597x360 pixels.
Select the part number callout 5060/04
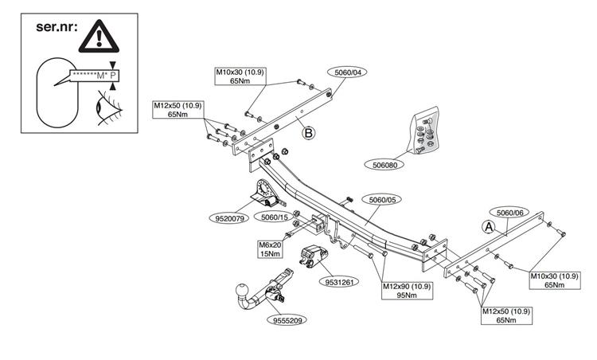[349, 72]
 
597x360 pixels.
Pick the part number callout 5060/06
[509, 213]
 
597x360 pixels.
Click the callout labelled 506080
[389, 165]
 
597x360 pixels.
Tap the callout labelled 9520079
[232, 217]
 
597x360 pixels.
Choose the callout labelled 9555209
[289, 320]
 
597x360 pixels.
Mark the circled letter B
[308, 133]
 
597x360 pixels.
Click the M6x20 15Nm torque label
[269, 249]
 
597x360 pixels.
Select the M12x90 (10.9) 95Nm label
[407, 291]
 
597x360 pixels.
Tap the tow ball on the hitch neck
[242, 289]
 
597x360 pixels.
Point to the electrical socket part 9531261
[312, 257]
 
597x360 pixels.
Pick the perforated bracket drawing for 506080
[423, 131]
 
